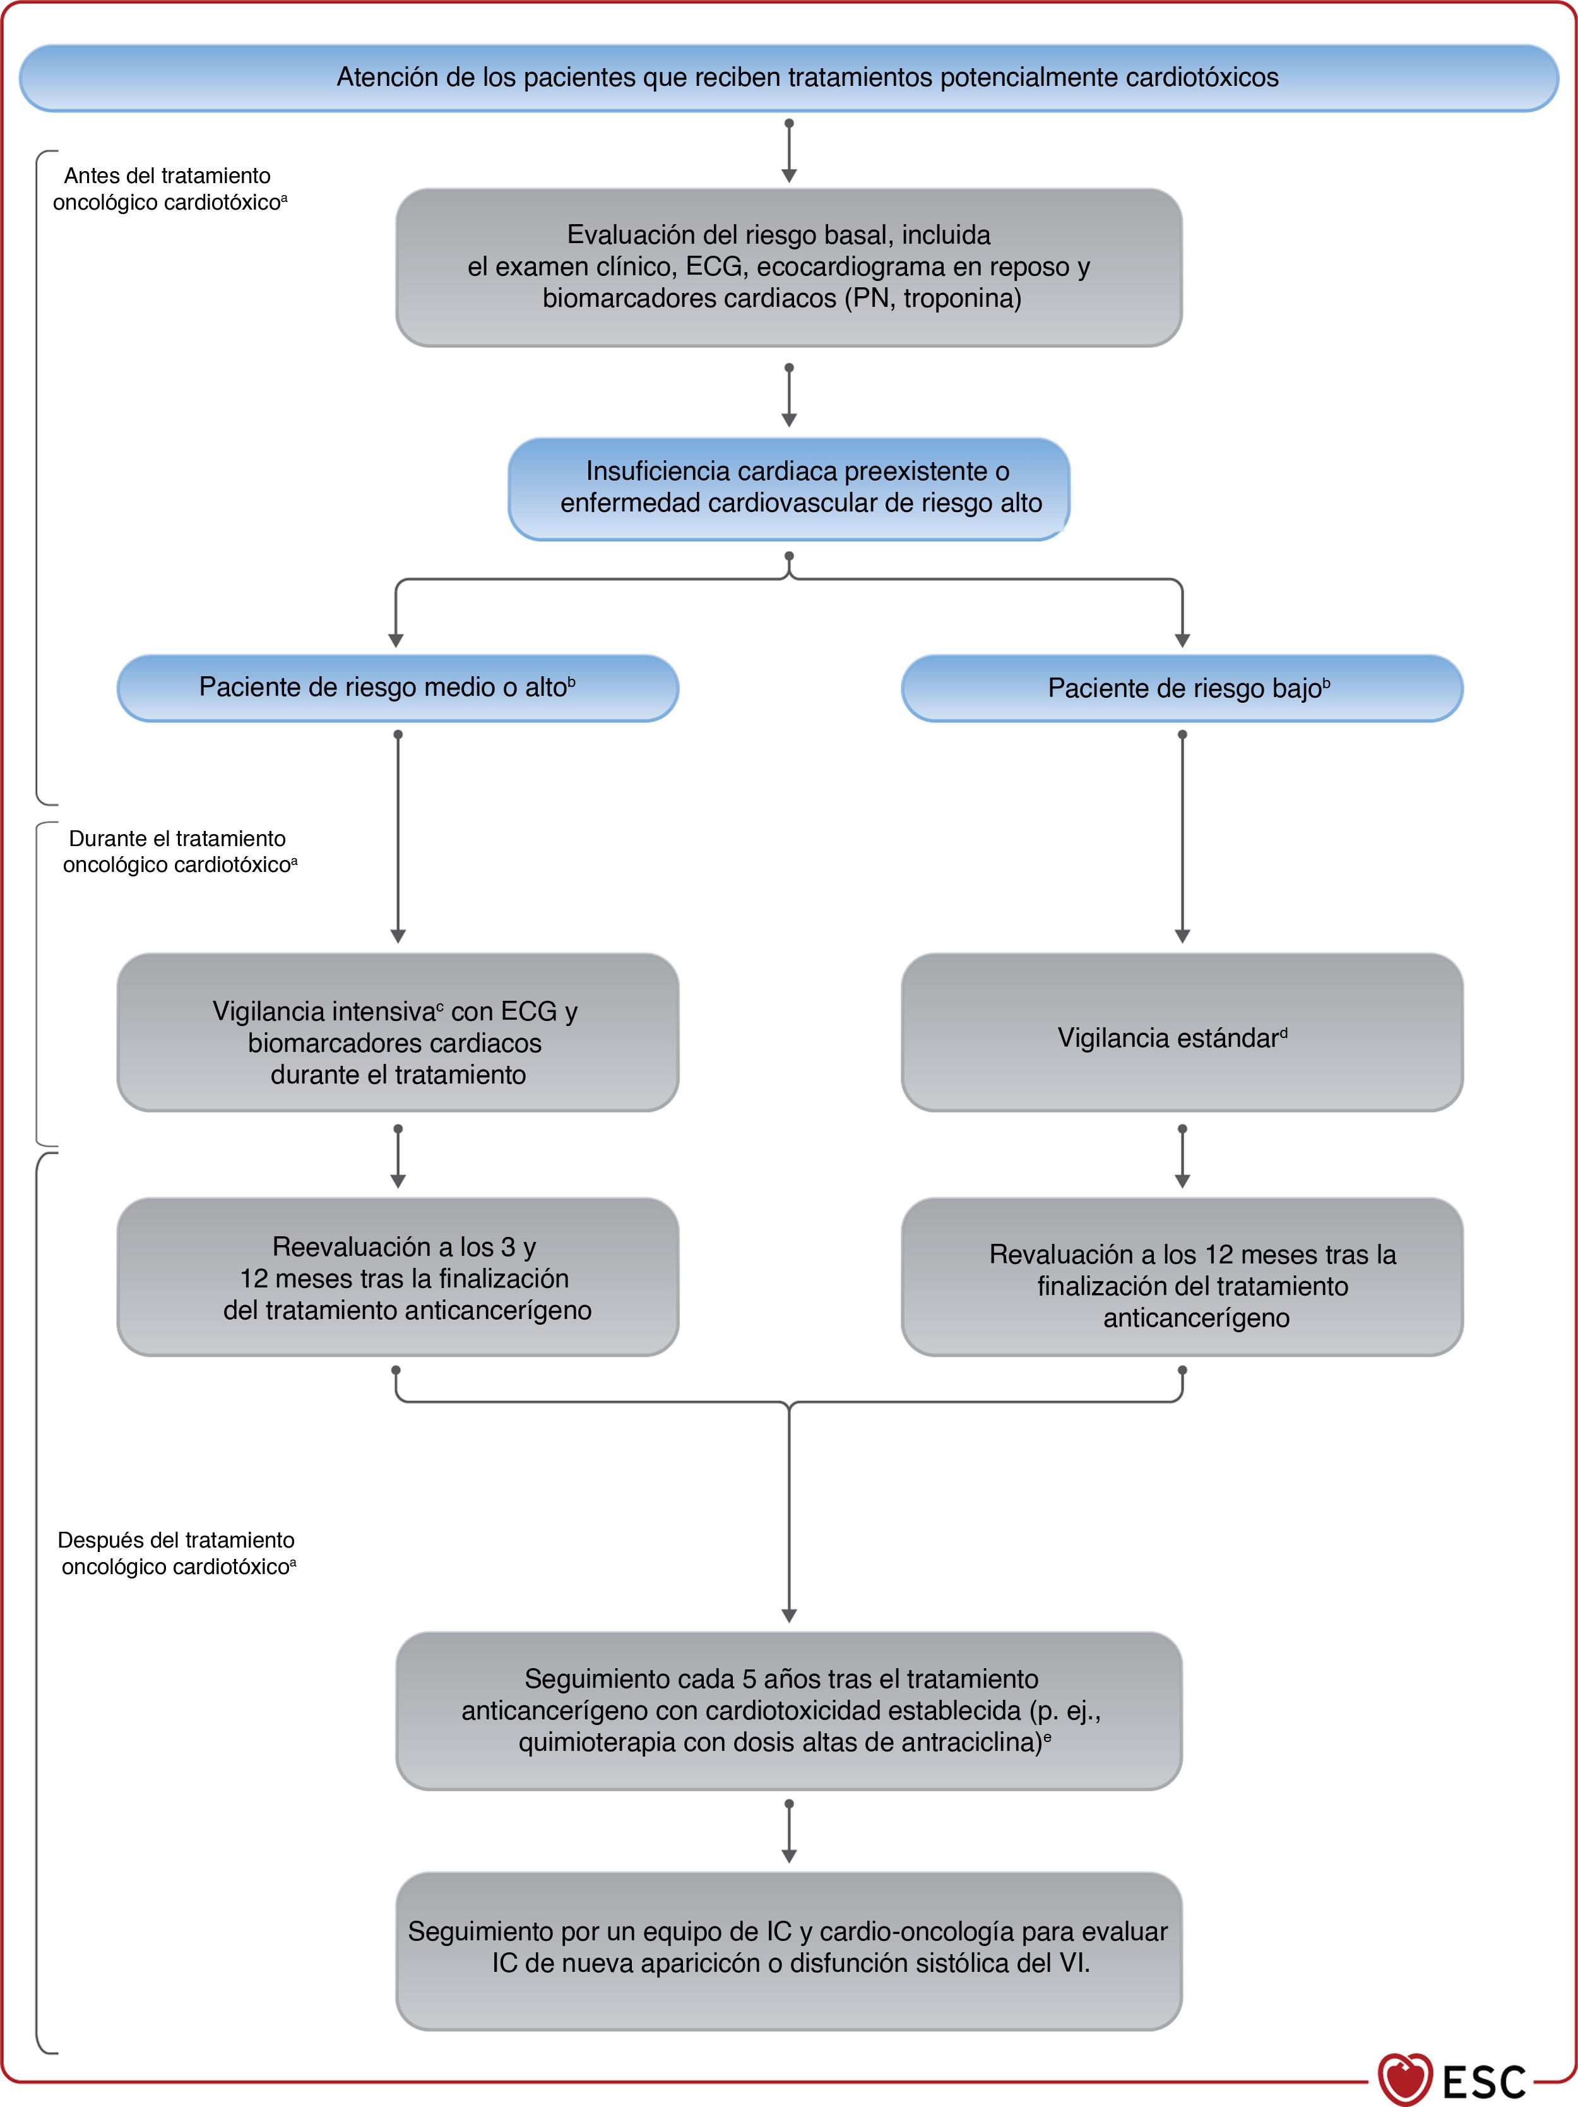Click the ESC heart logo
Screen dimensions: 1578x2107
(x=1404, y=2079)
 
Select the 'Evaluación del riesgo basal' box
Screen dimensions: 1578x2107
(x=788, y=266)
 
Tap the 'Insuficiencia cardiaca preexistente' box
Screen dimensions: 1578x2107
(x=788, y=489)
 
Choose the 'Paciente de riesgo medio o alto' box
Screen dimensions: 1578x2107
(x=398, y=688)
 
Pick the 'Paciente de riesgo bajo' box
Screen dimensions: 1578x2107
(x=1182, y=688)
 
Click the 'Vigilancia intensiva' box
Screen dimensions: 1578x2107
(x=398, y=1032)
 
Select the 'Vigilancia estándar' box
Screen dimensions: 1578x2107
(x=1182, y=1032)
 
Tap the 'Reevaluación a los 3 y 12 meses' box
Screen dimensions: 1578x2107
(x=398, y=1277)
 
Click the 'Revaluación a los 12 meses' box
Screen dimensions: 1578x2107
(x=1182, y=1277)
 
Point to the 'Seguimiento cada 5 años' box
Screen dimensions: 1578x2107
(x=788, y=1710)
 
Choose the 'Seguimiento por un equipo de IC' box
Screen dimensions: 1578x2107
(x=788, y=1951)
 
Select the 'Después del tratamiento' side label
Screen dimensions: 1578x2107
(x=177, y=1554)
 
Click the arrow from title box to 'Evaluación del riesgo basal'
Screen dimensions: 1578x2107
(x=788, y=150)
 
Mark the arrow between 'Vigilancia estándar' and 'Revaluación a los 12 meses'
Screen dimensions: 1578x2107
(x=1182, y=1155)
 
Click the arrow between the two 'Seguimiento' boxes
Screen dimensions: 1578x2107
(x=788, y=1831)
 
